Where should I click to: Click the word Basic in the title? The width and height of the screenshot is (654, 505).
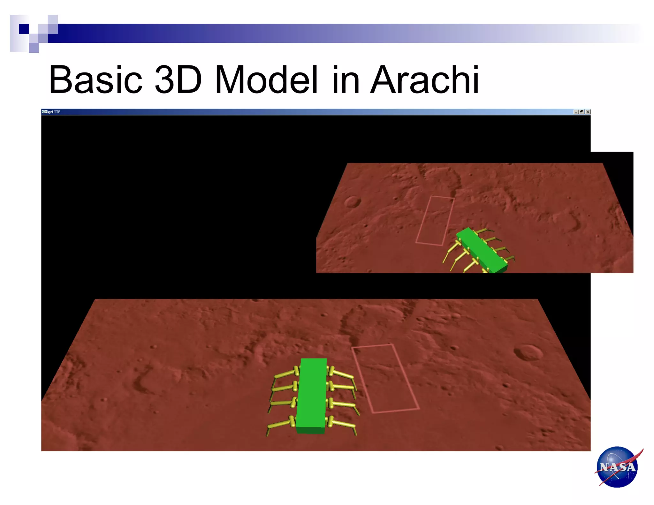(95, 80)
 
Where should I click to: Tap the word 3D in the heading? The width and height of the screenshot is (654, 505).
(178, 80)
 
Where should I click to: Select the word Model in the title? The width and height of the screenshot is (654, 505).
(266, 80)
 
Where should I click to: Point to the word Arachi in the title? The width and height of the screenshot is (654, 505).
(424, 80)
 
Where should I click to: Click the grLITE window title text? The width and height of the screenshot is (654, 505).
(54, 112)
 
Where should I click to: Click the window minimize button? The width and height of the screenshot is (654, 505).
(576, 112)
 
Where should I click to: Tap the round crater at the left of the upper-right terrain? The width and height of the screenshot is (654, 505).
(352, 201)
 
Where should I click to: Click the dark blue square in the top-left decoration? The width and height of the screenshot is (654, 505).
(24, 29)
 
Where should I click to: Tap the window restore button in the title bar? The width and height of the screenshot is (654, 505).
(582, 112)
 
